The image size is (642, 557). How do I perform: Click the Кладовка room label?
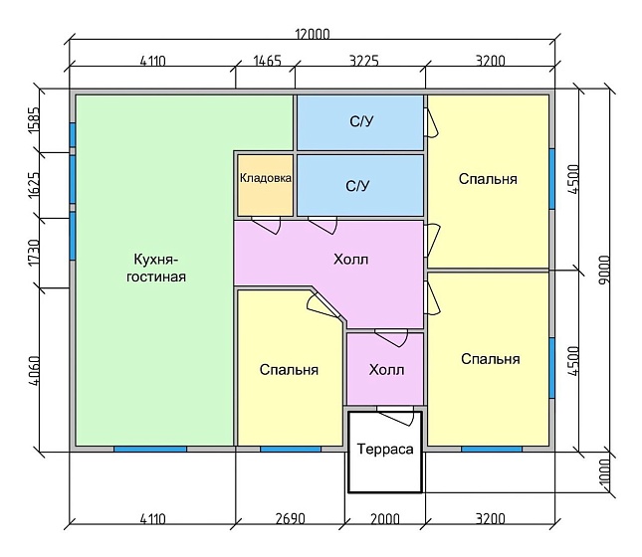[266, 178]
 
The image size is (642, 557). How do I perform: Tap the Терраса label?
[385, 449]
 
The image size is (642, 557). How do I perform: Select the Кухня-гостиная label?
[155, 269]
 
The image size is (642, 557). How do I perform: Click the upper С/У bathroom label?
[361, 121]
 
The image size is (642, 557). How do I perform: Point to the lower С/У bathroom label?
[357, 186]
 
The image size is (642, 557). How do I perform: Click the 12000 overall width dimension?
[313, 34]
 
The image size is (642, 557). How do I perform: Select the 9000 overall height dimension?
[604, 269]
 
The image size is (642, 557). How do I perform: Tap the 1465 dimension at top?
[268, 61]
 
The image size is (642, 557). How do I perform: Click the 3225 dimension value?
[364, 61]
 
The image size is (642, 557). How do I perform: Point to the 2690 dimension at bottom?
[291, 519]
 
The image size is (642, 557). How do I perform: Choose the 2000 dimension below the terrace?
[385, 519]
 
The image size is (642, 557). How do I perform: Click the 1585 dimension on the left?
[34, 119]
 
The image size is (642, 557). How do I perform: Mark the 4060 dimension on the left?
[34, 371]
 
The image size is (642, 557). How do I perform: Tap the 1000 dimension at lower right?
[604, 471]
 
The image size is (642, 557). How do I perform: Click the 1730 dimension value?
[34, 253]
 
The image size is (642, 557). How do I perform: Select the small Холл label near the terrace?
[386, 370]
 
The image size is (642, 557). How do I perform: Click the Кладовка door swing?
[267, 224]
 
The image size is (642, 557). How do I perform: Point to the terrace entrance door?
[396, 416]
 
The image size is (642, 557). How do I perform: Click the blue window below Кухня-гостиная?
[150, 449]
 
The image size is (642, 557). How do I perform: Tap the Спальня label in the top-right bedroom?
[488, 179]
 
